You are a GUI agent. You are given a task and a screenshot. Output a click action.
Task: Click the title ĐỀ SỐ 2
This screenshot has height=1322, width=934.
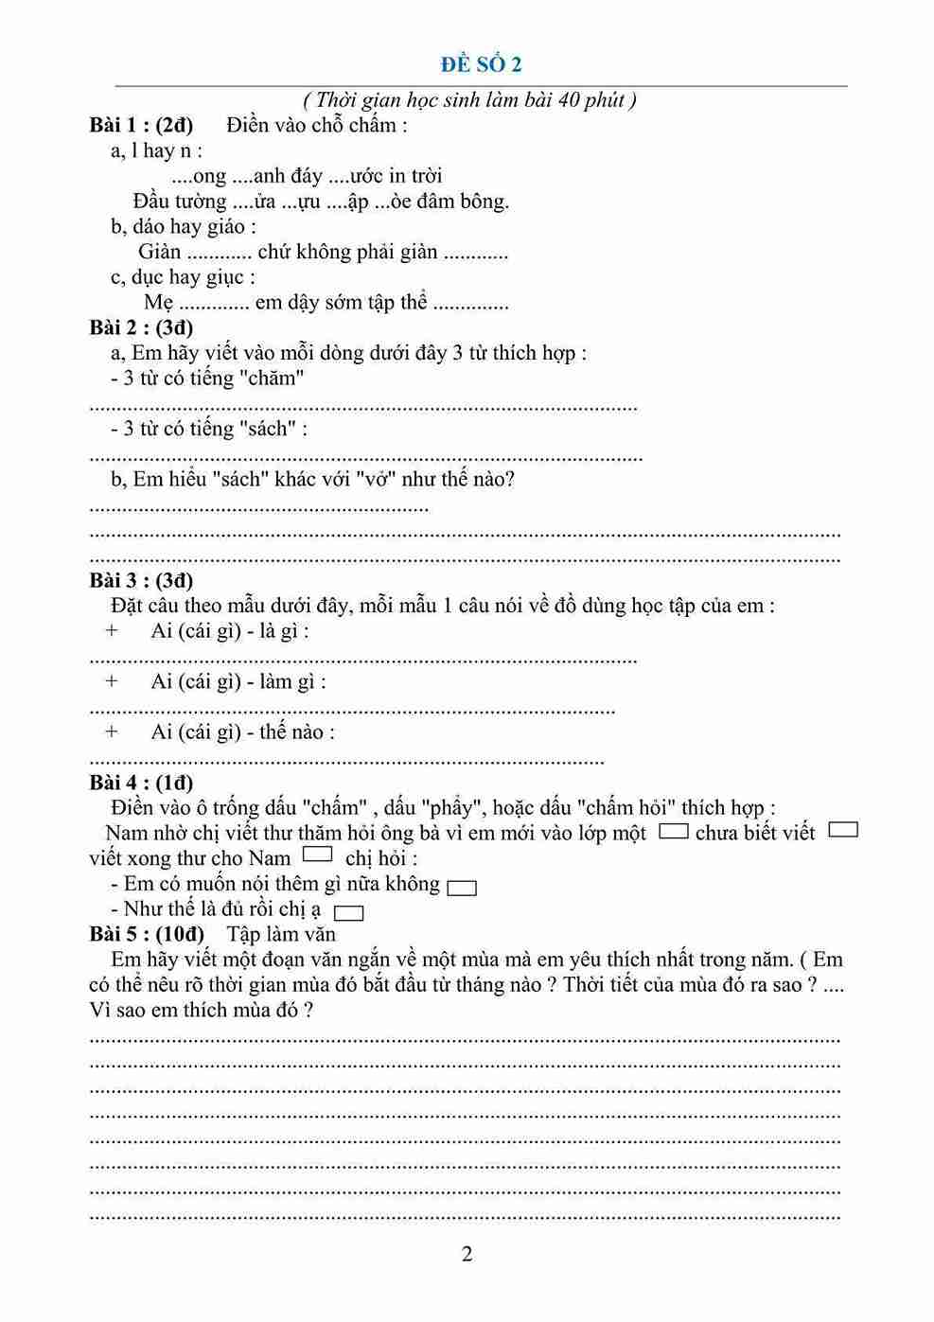click(481, 64)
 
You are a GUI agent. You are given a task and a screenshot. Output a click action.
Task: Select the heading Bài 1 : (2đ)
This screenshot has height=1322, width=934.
click(141, 125)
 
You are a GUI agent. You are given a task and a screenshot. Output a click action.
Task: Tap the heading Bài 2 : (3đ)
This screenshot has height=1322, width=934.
click(141, 327)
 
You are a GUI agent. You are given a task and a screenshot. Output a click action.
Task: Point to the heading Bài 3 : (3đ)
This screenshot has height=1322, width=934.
click(141, 580)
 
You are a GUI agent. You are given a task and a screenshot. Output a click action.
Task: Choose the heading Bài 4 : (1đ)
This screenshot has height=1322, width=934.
click(141, 783)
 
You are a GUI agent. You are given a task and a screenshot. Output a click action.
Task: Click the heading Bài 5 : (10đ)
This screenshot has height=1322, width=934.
click(147, 934)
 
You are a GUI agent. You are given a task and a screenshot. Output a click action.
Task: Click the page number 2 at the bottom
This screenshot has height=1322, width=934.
click(467, 1255)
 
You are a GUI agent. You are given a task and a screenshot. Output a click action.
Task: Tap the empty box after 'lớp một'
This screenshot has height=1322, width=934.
click(673, 831)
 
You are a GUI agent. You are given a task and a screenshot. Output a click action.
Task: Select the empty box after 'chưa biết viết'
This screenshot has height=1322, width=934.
click(842, 830)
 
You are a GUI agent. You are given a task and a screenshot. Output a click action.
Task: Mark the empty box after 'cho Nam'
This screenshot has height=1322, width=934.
click(318, 855)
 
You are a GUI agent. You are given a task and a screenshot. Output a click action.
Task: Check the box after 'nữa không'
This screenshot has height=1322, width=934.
click(462, 888)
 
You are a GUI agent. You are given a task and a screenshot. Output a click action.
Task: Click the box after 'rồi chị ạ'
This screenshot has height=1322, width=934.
click(349, 913)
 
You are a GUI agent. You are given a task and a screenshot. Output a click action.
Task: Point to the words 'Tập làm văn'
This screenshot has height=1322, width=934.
click(281, 934)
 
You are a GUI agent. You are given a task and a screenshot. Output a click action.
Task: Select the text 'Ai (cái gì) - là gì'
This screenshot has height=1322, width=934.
click(229, 631)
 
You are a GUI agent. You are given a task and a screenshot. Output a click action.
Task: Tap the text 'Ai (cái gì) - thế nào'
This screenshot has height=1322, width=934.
click(242, 732)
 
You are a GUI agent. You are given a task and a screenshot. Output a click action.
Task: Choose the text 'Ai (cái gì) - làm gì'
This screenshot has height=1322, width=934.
click(238, 681)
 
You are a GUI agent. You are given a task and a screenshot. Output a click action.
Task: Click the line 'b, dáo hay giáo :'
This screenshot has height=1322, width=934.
click(183, 226)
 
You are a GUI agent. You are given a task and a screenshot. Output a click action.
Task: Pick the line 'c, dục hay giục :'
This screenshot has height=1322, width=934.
click(183, 277)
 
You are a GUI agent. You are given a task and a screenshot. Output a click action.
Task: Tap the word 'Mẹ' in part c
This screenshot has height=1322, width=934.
click(158, 303)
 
